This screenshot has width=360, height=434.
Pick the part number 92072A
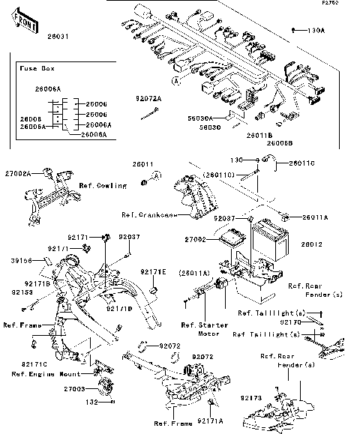[148, 98]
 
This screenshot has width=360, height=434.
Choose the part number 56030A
[199, 118]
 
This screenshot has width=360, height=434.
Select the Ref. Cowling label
[102, 184]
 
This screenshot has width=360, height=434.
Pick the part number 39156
[23, 260]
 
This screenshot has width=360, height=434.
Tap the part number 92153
[22, 292]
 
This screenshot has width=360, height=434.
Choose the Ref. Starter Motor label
[198, 329]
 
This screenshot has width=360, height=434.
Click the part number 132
[91, 402]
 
